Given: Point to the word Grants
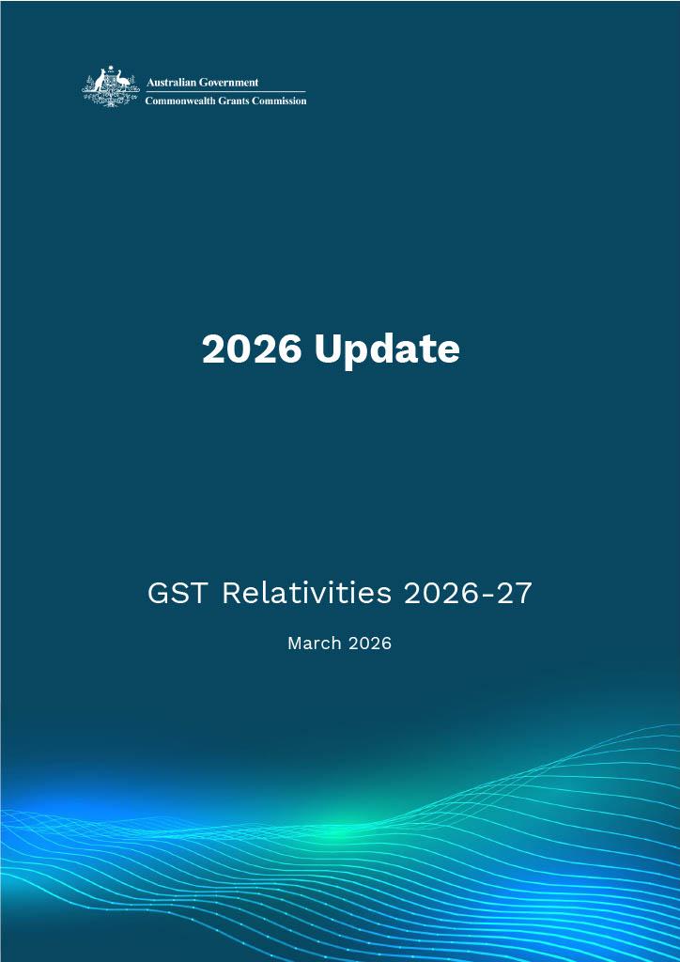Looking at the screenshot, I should [x=242, y=101].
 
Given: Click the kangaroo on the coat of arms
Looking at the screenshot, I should [x=96, y=85].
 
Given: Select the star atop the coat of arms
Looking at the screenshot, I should [x=111, y=69].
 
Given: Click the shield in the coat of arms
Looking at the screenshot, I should [x=111, y=85].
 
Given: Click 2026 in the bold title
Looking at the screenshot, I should [x=252, y=349].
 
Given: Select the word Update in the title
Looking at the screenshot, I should [x=387, y=349].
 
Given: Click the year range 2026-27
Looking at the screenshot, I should [x=467, y=593].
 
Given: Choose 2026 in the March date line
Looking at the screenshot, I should [x=367, y=644].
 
